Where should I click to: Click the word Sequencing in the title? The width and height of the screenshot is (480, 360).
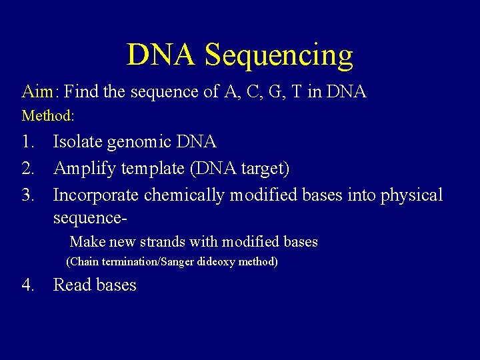tap(279, 55)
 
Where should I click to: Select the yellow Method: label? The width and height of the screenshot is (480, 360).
tap(48, 116)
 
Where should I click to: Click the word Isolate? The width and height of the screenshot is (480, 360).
tap(78, 142)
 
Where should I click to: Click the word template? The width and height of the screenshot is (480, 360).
tap(154, 169)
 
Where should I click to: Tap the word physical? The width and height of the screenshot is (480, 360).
tap(412, 196)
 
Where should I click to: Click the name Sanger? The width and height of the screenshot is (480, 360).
tap(175, 262)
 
